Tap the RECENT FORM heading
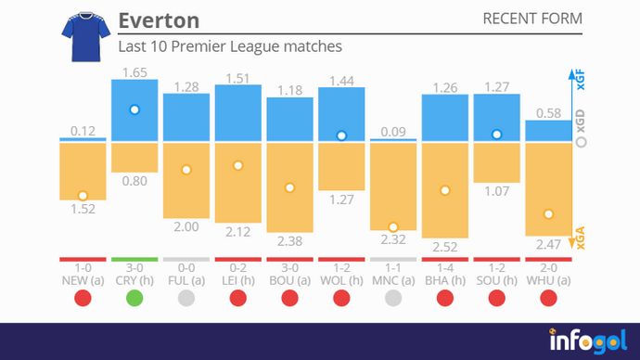click(x=532, y=19)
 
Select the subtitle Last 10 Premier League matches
click(x=230, y=46)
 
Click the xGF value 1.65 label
click(x=134, y=71)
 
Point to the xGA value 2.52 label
click(x=445, y=246)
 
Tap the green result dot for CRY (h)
click(x=134, y=298)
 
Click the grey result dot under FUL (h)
click(x=186, y=298)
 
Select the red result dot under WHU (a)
click(x=548, y=298)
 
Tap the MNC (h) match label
click(x=393, y=280)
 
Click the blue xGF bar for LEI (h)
click(x=238, y=113)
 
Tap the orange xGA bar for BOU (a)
click(x=289, y=186)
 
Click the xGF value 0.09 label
click(x=393, y=131)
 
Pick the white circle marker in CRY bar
click(x=134, y=109)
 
